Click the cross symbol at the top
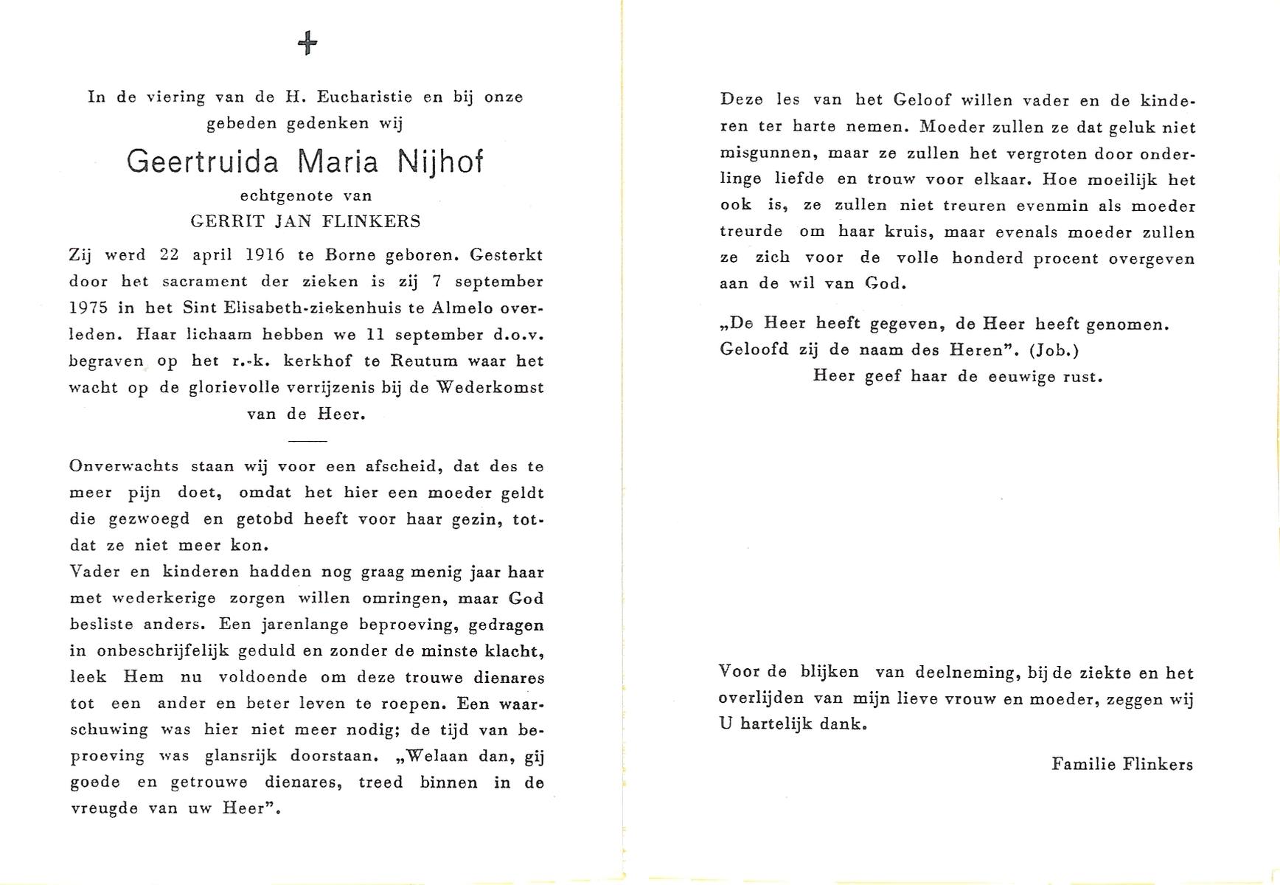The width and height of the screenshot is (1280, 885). (x=307, y=44)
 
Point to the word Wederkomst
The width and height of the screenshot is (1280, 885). (x=490, y=388)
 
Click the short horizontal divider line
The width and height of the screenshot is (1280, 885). (x=307, y=441)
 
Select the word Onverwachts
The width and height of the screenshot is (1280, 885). (x=122, y=466)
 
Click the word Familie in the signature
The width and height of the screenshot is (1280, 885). (x=1083, y=765)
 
